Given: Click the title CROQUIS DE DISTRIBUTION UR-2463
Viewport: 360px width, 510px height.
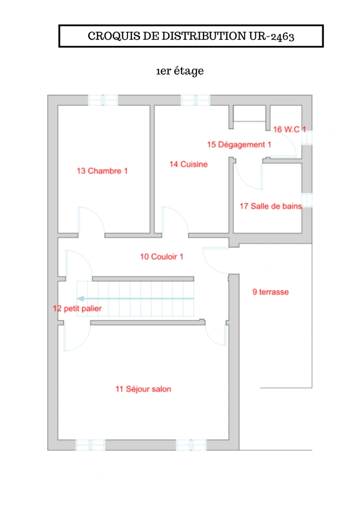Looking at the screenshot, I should (x=191, y=36).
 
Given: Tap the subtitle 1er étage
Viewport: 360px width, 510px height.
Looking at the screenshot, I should (x=180, y=71).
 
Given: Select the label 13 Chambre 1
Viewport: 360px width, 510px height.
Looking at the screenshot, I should (x=102, y=171).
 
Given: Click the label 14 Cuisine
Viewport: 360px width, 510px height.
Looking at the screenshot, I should (x=188, y=164).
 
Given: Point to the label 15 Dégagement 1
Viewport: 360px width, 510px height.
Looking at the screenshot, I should (x=239, y=144).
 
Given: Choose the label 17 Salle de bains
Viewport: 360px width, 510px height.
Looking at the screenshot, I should (x=270, y=206).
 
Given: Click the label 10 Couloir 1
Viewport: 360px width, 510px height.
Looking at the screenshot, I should (x=161, y=257).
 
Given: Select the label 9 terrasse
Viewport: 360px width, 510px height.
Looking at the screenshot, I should (x=270, y=292).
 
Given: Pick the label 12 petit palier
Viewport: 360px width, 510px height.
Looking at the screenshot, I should (x=77, y=309).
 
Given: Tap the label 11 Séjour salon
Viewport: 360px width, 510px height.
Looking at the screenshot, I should (x=143, y=389).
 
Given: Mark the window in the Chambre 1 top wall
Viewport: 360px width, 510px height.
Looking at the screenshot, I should (x=103, y=100).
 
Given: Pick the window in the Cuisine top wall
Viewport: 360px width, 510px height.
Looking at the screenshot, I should (x=195, y=100).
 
